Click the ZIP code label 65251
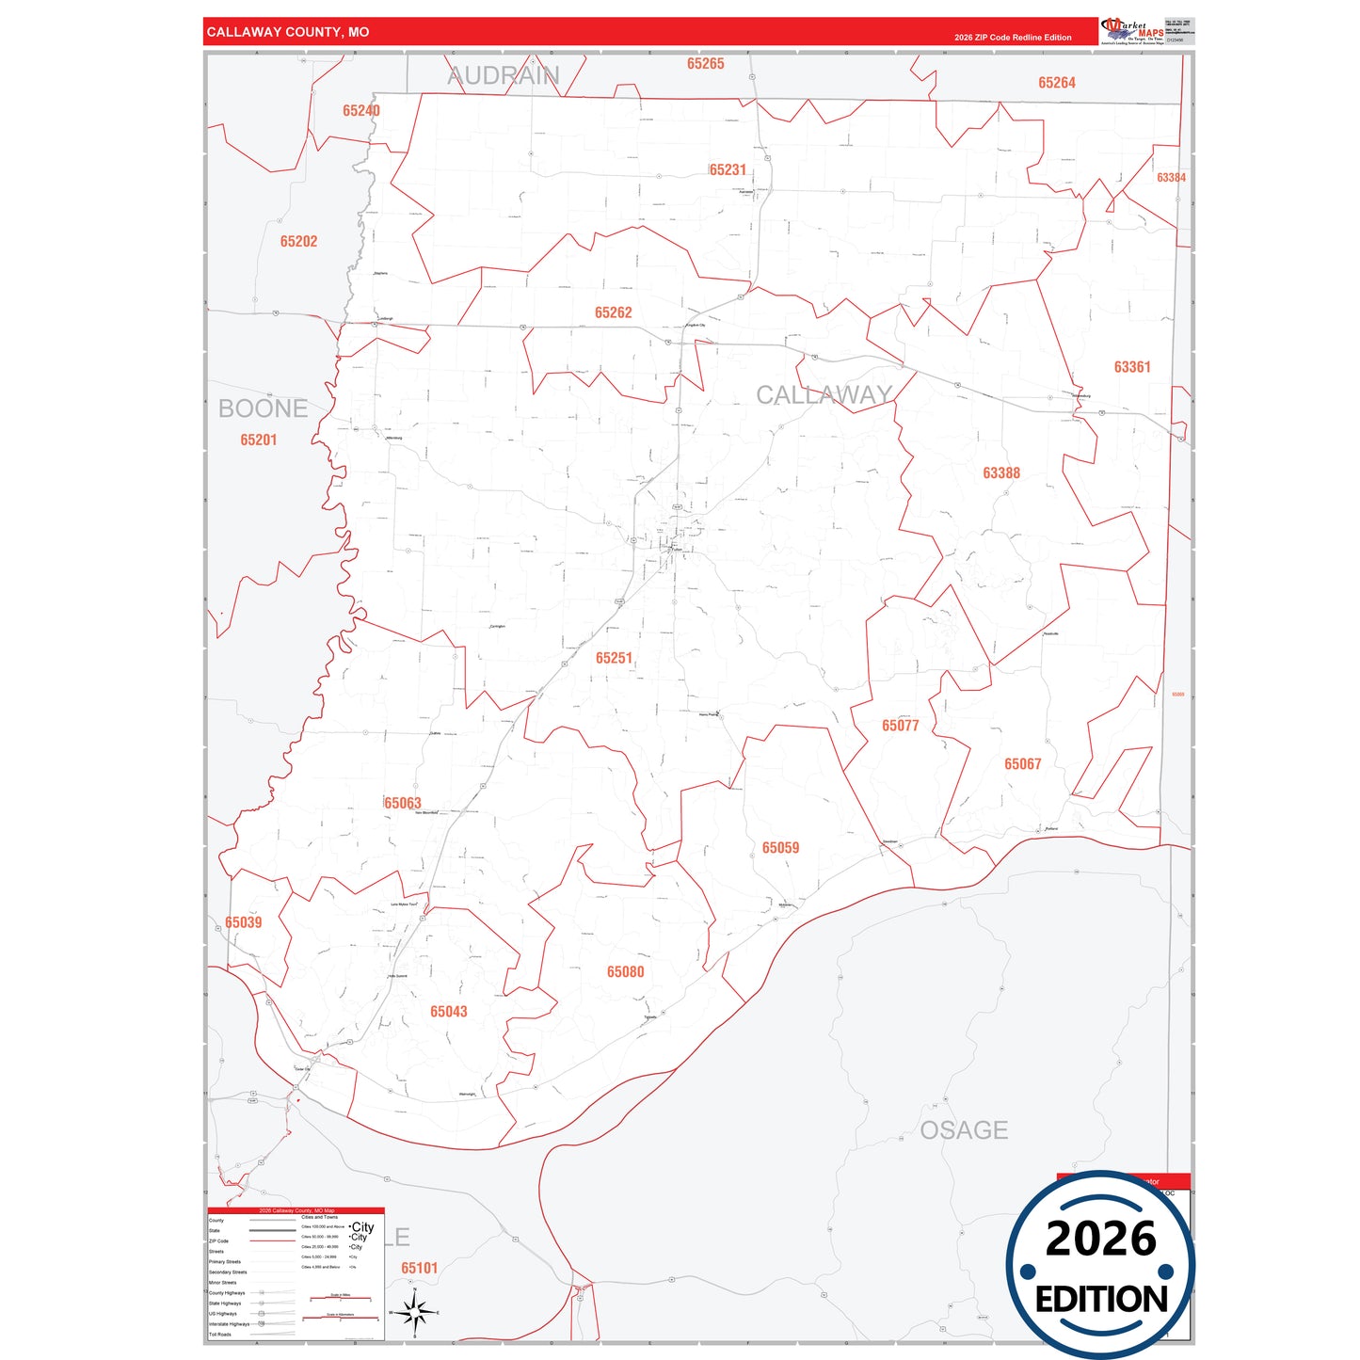(x=614, y=658)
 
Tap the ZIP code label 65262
(x=613, y=312)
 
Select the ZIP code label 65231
(x=728, y=169)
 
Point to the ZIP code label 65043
(x=448, y=1012)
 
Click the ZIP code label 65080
(x=625, y=972)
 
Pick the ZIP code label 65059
(x=780, y=848)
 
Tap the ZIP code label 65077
(x=900, y=726)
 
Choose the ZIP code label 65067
(x=1022, y=764)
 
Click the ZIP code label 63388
(x=1000, y=473)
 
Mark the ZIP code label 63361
(x=1131, y=367)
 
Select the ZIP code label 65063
(x=403, y=803)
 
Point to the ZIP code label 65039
(x=243, y=922)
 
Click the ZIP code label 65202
(x=298, y=242)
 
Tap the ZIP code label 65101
(x=419, y=1268)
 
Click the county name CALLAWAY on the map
(x=824, y=395)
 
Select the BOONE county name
(x=263, y=408)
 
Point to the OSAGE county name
(x=964, y=1130)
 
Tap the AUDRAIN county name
(x=503, y=76)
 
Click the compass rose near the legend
(x=414, y=1312)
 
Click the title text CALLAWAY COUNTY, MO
(x=288, y=32)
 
